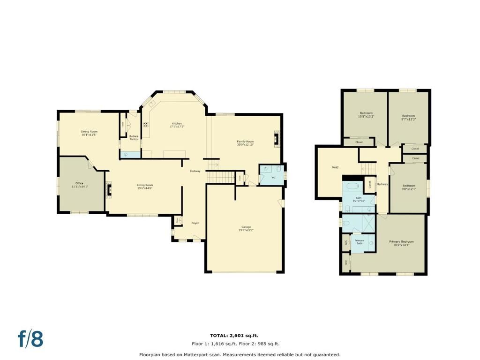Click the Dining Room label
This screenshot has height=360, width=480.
(x=89, y=132)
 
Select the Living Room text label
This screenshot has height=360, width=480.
(x=145, y=185)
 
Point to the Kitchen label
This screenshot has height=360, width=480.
(x=176, y=123)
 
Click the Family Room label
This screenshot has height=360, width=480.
(x=245, y=142)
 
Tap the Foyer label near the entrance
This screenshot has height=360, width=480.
(x=195, y=223)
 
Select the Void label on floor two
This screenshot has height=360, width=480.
(x=335, y=167)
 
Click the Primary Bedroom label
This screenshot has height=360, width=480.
(x=401, y=242)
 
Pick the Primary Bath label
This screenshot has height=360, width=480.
(x=359, y=241)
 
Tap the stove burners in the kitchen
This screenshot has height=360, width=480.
(x=146, y=125)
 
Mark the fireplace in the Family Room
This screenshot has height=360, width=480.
(x=277, y=139)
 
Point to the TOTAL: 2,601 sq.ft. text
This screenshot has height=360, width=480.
(x=234, y=335)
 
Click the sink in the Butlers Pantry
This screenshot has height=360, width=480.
(x=126, y=154)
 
